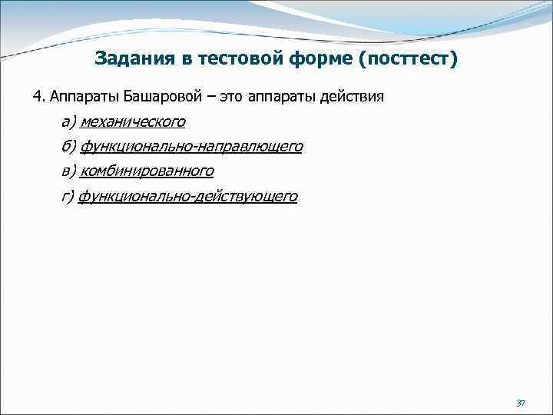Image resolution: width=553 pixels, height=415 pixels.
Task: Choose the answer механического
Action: click(132, 122)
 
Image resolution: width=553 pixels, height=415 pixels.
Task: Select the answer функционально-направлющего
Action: click(190, 147)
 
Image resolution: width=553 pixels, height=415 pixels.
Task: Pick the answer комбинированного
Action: click(147, 171)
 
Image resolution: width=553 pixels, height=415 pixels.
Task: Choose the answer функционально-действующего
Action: click(188, 197)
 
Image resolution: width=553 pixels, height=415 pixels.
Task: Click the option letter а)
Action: click(68, 122)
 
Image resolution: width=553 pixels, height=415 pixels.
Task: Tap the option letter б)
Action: click(68, 147)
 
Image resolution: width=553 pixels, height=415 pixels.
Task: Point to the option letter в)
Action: click(68, 171)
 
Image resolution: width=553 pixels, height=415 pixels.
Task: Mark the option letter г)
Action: click(68, 197)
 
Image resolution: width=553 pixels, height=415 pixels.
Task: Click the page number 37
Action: click(520, 403)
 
